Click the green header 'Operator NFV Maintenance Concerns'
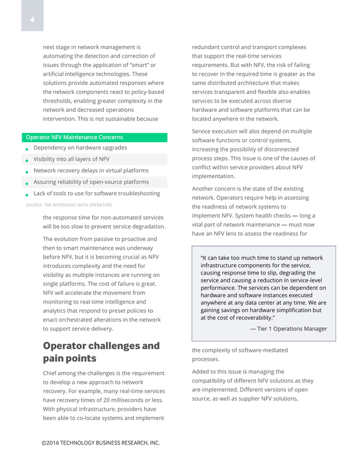pyautogui.click(x=73, y=137)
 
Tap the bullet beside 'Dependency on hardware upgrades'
pyautogui.click(x=27, y=149)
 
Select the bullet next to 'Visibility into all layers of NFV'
pyautogui.click(x=27, y=160)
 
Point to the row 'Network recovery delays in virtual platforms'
pyautogui.click(x=91, y=171)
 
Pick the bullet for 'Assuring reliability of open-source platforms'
pyautogui.click(x=27, y=183)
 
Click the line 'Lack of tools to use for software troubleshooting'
pyautogui.click(x=97, y=193)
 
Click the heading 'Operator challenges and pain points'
pyautogui.click(x=101, y=351)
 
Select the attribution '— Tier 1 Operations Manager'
pyautogui.click(x=288, y=329)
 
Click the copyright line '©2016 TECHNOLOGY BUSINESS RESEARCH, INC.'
pyautogui.click(x=100, y=443)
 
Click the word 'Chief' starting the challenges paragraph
pyautogui.click(x=51, y=373)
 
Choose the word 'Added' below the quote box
pyautogui.click(x=202, y=372)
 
